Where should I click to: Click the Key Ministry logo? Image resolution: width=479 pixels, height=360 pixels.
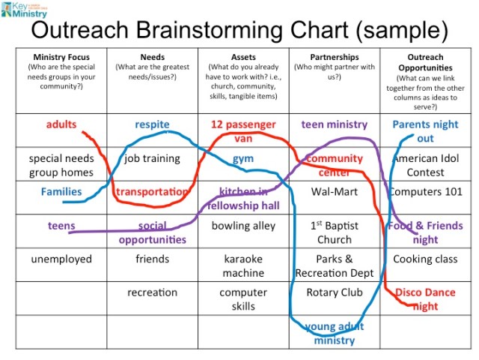(x=25, y=10)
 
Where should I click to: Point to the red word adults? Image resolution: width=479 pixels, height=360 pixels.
(x=61, y=124)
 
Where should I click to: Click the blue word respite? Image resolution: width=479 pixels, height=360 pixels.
(x=152, y=124)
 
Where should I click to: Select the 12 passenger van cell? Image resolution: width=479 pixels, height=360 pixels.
(x=243, y=131)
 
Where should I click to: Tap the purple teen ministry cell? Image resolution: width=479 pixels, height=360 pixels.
(x=334, y=124)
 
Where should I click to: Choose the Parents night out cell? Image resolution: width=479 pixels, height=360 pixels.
(x=425, y=131)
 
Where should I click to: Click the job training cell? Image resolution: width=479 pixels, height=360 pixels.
(x=152, y=158)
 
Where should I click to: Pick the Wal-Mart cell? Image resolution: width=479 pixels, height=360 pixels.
(x=334, y=191)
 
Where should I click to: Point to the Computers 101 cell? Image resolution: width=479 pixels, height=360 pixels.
(x=425, y=191)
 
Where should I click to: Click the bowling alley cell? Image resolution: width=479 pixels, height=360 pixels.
(x=243, y=225)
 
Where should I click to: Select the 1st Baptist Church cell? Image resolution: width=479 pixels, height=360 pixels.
(x=334, y=232)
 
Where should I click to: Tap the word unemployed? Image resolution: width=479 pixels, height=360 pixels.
(x=61, y=259)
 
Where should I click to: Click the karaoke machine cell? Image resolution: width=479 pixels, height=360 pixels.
(x=243, y=265)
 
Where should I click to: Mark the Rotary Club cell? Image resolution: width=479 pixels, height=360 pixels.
(x=334, y=292)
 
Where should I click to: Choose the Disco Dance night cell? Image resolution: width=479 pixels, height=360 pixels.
(x=425, y=299)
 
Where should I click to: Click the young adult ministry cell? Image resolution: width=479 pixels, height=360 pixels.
(x=334, y=333)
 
